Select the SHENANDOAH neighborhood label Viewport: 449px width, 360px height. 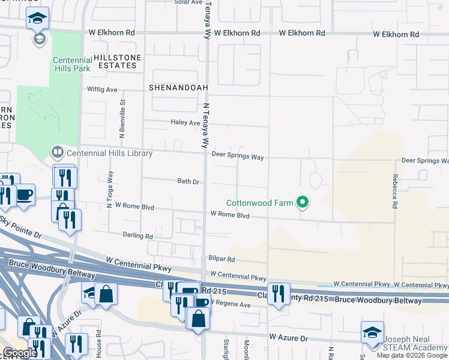pos(179,88)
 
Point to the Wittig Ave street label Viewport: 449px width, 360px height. pos(103,90)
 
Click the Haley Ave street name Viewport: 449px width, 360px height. pos(185,122)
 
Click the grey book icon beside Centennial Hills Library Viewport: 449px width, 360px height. pos(58,152)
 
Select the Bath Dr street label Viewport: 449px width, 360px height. pos(188,181)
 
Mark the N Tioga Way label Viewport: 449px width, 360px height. pos(110,189)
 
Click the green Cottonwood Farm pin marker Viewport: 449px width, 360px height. pos(303,203)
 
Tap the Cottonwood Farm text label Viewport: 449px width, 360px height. pos(259,203)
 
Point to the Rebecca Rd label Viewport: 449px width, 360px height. pos(395,191)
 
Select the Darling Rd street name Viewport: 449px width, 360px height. pos(137,236)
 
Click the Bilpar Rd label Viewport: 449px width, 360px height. pos(221,259)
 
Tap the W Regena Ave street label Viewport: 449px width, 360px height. pos(229,305)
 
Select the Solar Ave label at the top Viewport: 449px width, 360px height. pos(188,2)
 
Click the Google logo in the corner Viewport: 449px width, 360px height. pos(20,353)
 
